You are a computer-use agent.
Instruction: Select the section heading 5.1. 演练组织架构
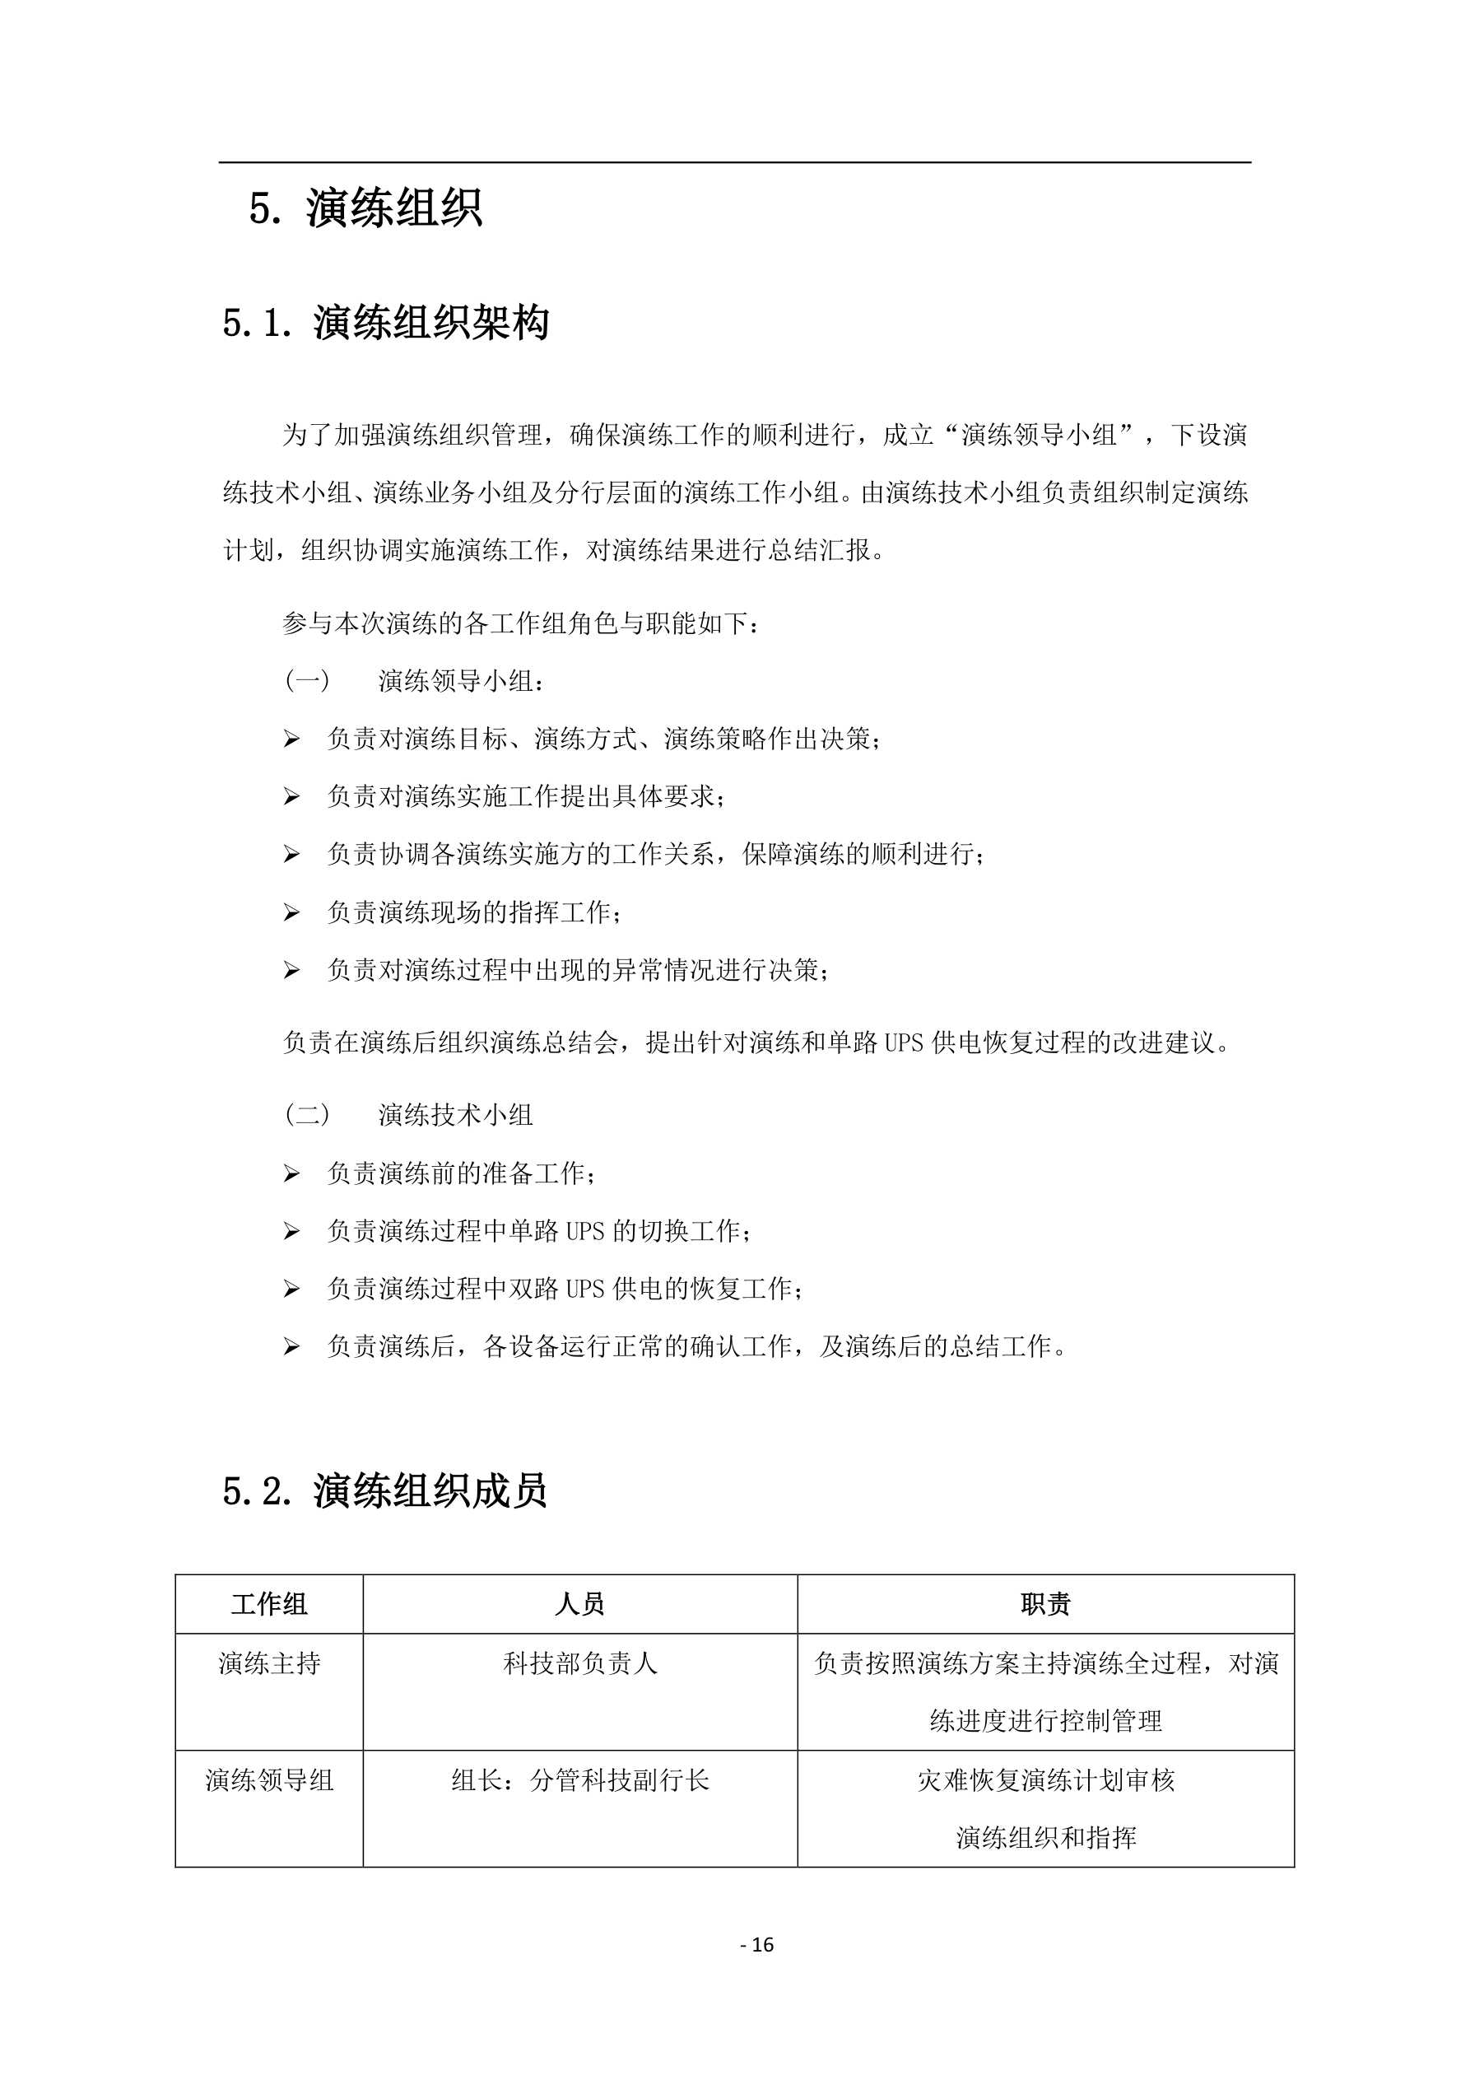(x=385, y=323)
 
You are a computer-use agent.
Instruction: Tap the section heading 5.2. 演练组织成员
(x=385, y=1490)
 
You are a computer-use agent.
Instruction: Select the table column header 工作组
(x=269, y=1604)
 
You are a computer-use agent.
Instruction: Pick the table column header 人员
(x=579, y=1604)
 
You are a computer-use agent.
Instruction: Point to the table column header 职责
(x=1045, y=1604)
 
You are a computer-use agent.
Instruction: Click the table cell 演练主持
(x=269, y=1663)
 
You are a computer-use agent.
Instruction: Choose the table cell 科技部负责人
(x=579, y=1663)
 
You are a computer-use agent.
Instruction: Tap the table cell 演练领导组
(x=269, y=1780)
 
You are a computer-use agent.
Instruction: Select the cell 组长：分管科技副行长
(x=579, y=1780)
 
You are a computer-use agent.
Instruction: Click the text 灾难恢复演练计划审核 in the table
(x=1045, y=1780)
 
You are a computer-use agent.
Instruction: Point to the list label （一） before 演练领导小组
(x=307, y=680)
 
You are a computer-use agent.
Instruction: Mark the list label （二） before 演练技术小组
(x=307, y=1114)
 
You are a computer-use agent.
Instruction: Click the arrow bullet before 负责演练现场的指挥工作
(x=291, y=912)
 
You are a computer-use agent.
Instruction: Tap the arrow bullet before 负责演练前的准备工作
(x=291, y=1174)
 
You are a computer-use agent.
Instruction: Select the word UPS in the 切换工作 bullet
(x=585, y=1231)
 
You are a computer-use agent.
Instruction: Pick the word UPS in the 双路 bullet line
(x=585, y=1290)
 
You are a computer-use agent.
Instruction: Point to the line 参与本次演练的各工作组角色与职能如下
(x=521, y=623)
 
